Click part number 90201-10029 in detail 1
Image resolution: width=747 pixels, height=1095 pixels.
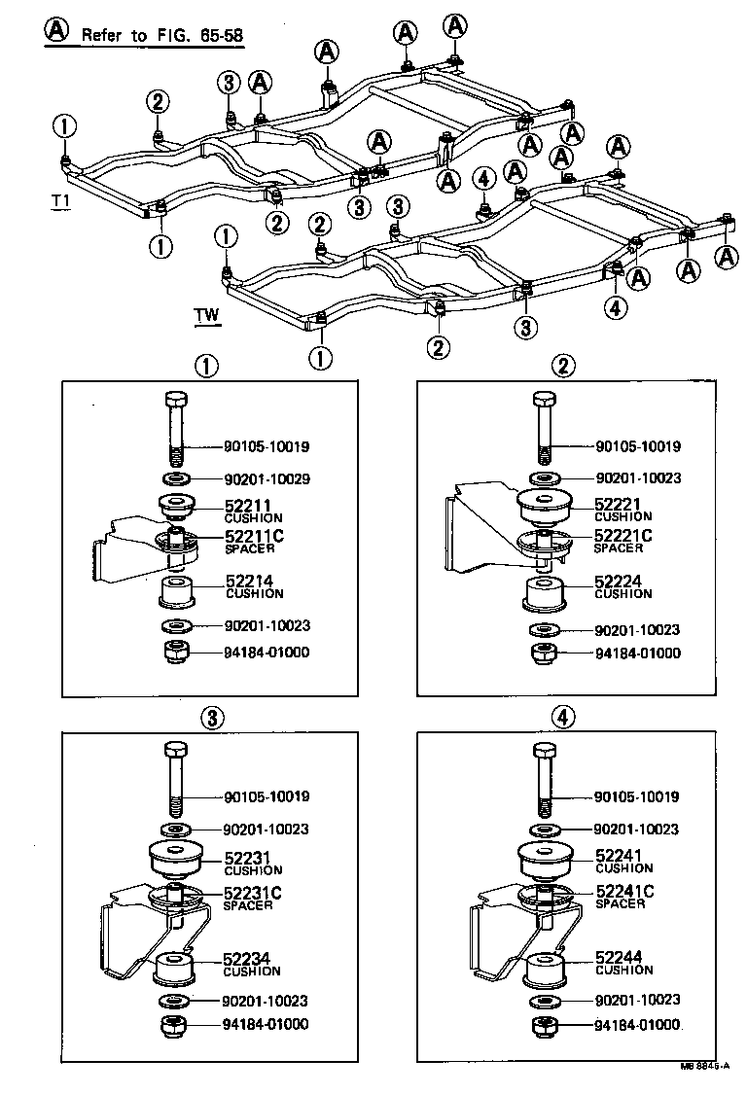pyautogui.click(x=267, y=479)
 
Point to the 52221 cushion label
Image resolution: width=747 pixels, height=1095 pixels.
pyautogui.click(x=616, y=505)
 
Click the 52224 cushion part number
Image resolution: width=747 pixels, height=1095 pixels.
pyautogui.click(x=616, y=582)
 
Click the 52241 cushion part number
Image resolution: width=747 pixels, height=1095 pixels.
pyautogui.click(x=616, y=856)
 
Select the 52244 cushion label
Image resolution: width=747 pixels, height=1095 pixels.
pyautogui.click(x=616, y=959)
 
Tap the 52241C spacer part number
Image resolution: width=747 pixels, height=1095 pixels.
pyautogui.click(x=622, y=892)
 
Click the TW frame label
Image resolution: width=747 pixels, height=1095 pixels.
pyautogui.click(x=206, y=315)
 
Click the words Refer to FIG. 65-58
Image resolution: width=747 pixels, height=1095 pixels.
pyautogui.click(x=161, y=35)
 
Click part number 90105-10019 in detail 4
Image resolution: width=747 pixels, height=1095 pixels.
pyautogui.click(x=651, y=796)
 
